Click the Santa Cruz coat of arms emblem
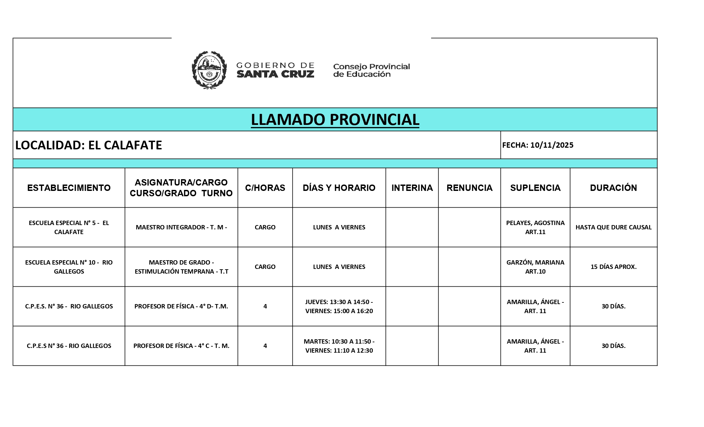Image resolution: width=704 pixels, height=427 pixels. (209, 70)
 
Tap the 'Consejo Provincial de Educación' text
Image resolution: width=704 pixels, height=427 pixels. (371, 70)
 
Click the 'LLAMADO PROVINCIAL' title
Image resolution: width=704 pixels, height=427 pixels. (335, 120)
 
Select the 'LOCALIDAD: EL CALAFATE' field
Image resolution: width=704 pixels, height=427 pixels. (89, 145)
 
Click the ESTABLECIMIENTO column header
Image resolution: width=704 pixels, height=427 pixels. (69, 188)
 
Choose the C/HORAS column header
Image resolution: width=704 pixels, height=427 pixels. (265, 188)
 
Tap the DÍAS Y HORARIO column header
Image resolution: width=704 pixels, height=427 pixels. (339, 188)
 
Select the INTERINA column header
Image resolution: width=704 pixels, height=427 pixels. (412, 188)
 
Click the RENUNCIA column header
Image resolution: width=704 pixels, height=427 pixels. (469, 188)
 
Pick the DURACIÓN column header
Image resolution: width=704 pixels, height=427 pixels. (613, 188)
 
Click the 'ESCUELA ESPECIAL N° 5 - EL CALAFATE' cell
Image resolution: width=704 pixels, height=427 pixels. (69, 227)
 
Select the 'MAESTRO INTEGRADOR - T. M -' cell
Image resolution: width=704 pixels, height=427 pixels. (181, 227)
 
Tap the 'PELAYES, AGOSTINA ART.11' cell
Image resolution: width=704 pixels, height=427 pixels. (535, 227)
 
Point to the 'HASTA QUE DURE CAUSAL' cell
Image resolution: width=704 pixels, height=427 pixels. (613, 227)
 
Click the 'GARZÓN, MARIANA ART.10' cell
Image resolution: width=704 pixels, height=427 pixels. (535, 267)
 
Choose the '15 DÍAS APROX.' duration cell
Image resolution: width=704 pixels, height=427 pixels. (613, 267)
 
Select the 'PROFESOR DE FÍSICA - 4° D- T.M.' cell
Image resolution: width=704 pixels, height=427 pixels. (181, 306)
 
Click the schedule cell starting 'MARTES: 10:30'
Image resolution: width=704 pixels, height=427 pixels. (339, 346)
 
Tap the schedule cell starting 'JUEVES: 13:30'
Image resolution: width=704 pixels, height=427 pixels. (339, 306)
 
